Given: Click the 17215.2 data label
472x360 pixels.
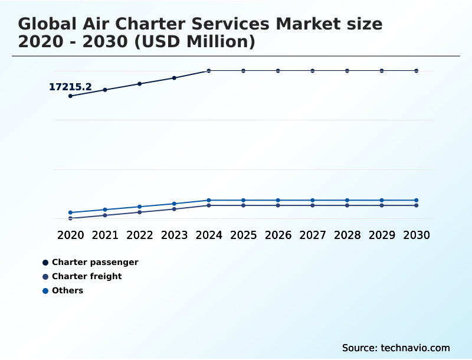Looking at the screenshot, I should point(70,87).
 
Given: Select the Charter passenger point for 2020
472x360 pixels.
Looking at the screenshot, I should point(70,96).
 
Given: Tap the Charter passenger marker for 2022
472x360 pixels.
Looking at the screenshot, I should point(140,84).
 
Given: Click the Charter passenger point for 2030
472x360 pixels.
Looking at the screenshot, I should point(417,71).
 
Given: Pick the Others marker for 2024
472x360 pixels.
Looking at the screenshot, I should point(209,200).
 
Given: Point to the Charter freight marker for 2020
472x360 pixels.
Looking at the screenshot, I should point(70,218).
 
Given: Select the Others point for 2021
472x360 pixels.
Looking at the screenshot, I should point(105,210).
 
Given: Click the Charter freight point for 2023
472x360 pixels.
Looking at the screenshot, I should point(174,209).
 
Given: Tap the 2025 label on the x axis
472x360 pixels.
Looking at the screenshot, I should point(243,235).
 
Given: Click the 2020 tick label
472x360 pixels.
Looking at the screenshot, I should point(70,235).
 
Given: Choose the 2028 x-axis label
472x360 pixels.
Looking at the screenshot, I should point(347,235).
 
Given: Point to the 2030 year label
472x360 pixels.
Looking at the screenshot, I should point(417,235).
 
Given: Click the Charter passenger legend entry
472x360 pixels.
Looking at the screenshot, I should point(94,262).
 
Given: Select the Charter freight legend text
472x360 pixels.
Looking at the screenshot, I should point(87,276).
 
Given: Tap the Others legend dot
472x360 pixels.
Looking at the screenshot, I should point(45,291).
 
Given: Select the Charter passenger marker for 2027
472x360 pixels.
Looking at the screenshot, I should point(313,71).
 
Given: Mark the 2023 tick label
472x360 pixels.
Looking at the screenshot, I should point(174,235).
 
